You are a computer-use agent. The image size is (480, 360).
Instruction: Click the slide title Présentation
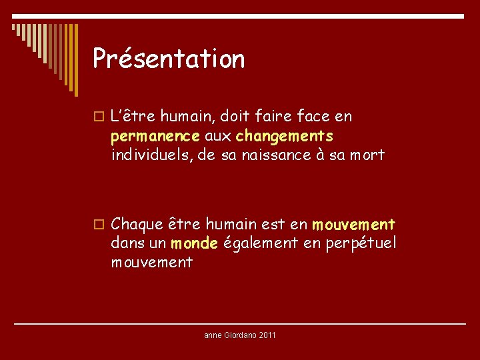click(x=169, y=59)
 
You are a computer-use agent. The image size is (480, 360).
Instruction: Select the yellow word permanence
click(x=155, y=137)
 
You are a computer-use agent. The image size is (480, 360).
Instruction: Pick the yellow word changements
click(x=284, y=136)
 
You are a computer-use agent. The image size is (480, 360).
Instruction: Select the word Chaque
click(x=137, y=224)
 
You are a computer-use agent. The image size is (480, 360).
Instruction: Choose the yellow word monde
click(x=194, y=243)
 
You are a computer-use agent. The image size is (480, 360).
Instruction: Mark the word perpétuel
click(x=360, y=243)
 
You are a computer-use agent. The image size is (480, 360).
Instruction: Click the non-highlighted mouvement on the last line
click(x=152, y=263)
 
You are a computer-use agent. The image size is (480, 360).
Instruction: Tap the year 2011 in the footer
click(x=266, y=335)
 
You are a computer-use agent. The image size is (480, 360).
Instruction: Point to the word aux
click(x=217, y=137)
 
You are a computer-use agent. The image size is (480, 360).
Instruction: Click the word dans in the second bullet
click(x=127, y=243)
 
